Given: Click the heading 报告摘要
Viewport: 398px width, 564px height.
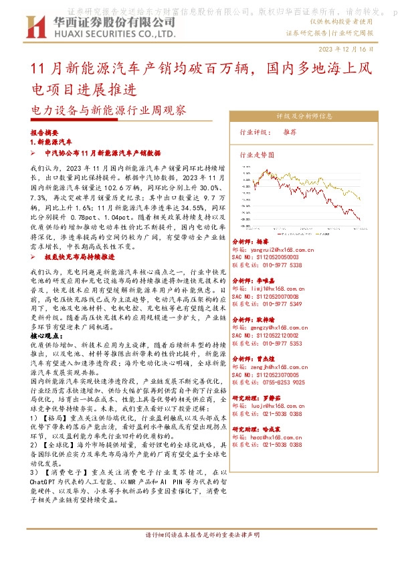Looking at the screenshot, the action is coord(45,133).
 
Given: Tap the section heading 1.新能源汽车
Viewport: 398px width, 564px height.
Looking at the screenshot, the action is coord(52,143).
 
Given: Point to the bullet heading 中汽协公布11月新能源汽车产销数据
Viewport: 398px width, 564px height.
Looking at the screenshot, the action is coord(103,153).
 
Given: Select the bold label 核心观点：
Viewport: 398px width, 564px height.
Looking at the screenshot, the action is coord(47,334).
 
